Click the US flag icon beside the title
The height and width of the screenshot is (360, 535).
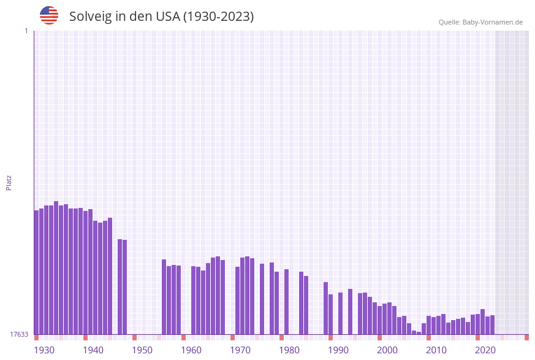tap(49, 15)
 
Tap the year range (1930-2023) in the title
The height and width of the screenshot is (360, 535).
tap(218, 17)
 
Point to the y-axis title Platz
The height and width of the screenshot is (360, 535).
tap(9, 182)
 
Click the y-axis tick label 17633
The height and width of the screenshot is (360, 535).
tap(19, 334)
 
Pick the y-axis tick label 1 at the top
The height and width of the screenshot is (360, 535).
tap(26, 31)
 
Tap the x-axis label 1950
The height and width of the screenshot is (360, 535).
tap(142, 350)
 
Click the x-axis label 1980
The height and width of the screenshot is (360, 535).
tap(289, 350)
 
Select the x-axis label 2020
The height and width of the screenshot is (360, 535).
tap(485, 350)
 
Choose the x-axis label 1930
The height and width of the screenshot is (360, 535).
tap(44, 350)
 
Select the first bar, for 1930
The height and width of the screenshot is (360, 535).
tap(36, 272)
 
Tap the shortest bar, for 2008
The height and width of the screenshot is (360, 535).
tap(419, 332)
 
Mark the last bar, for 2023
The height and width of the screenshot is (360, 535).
tap(492, 324)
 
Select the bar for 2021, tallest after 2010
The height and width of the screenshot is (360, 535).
tap(482, 321)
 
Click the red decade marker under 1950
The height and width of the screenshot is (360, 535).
tap(134, 337)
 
